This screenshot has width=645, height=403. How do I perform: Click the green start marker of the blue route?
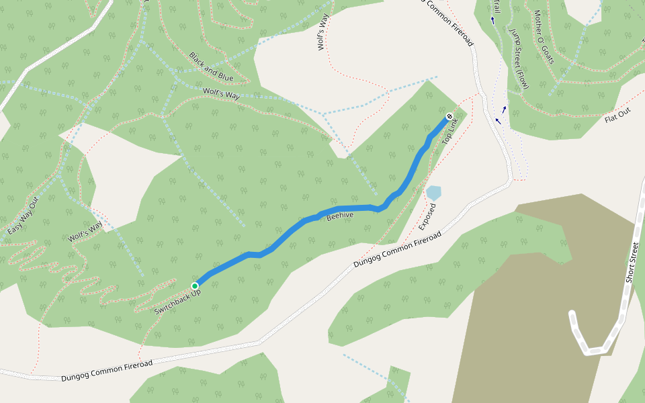[x=195, y=285]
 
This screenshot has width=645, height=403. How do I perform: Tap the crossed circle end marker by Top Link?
[x=449, y=117]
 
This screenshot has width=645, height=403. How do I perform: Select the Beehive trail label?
[x=340, y=217]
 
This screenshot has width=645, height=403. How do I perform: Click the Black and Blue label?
[x=211, y=66]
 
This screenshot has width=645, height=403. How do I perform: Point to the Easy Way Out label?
[x=24, y=216]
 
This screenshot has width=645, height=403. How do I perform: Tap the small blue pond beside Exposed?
[x=433, y=193]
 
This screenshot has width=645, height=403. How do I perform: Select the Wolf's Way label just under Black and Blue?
[x=221, y=93]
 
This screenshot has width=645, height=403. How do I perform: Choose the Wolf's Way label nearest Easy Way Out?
[x=85, y=232]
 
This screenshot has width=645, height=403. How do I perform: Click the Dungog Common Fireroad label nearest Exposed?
[x=397, y=250]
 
